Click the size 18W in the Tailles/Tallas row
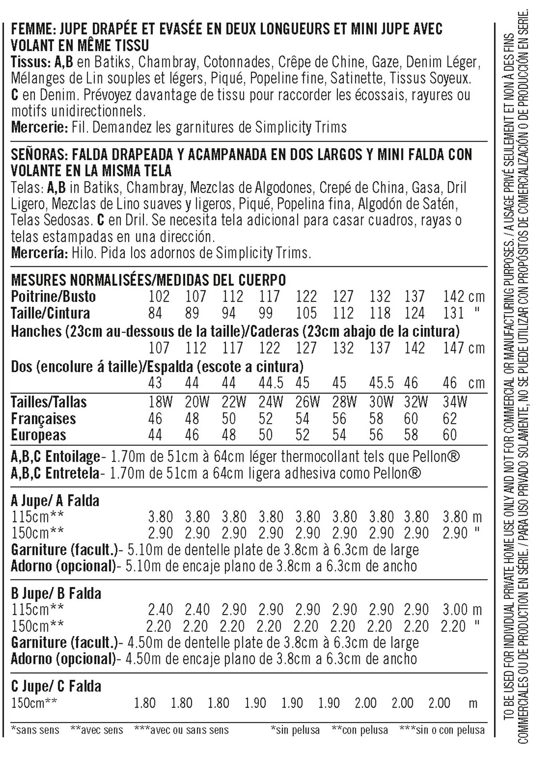[x=160, y=402]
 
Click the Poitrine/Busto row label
[x=53, y=297]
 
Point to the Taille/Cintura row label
[x=50, y=313]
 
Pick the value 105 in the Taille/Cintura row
[x=306, y=313]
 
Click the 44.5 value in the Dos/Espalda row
[x=271, y=383]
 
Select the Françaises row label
[x=43, y=419]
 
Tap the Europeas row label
[x=38, y=435]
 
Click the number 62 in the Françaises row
[x=450, y=419]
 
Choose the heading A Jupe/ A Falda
[x=55, y=501]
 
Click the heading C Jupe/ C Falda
[x=56, y=687]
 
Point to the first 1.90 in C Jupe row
[x=255, y=703]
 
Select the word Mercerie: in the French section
[x=40, y=127]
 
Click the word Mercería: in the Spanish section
[x=40, y=253]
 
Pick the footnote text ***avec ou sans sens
[x=182, y=730]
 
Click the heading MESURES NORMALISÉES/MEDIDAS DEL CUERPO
[x=148, y=280]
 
